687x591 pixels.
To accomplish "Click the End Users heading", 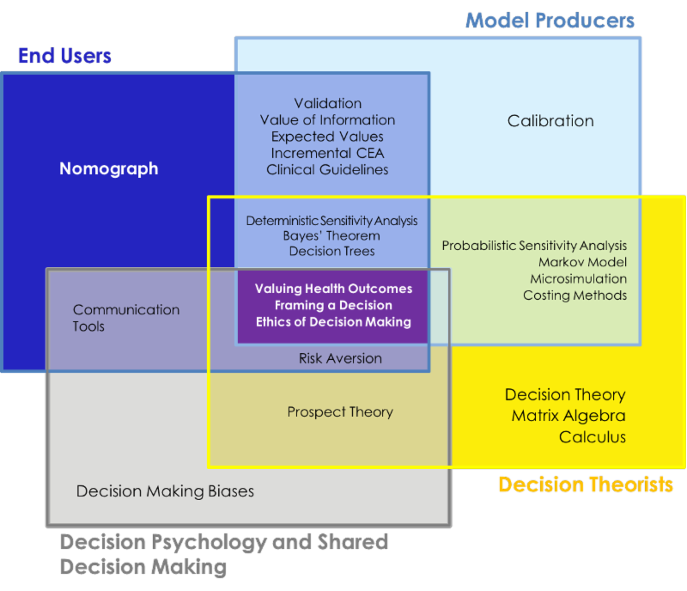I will (64, 57).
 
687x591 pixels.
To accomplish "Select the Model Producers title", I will (550, 20).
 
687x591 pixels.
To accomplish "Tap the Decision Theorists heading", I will (586, 484).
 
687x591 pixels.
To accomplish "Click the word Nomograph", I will (108, 168).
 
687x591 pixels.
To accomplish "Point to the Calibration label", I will (550, 121).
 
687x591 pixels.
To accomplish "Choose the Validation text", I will (327, 103).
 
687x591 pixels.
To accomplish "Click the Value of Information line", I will (327, 119).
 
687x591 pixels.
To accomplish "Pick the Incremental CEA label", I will (327, 153).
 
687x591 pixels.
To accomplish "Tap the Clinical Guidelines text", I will (327, 169).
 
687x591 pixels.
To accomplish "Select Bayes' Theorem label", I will (331, 235).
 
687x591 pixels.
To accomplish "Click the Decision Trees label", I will (331, 252).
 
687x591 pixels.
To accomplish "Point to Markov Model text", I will (582, 262).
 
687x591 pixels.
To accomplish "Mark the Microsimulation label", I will (578, 278).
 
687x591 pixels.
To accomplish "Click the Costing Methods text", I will (575, 295).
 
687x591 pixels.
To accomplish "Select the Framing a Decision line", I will (333, 305).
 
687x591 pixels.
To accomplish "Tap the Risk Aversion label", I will (340, 358).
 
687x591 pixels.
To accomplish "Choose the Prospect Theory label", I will (340, 412).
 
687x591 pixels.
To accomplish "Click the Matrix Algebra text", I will (568, 416).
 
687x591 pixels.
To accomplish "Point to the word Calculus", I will (593, 437).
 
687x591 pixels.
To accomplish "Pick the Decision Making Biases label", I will (165, 491).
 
